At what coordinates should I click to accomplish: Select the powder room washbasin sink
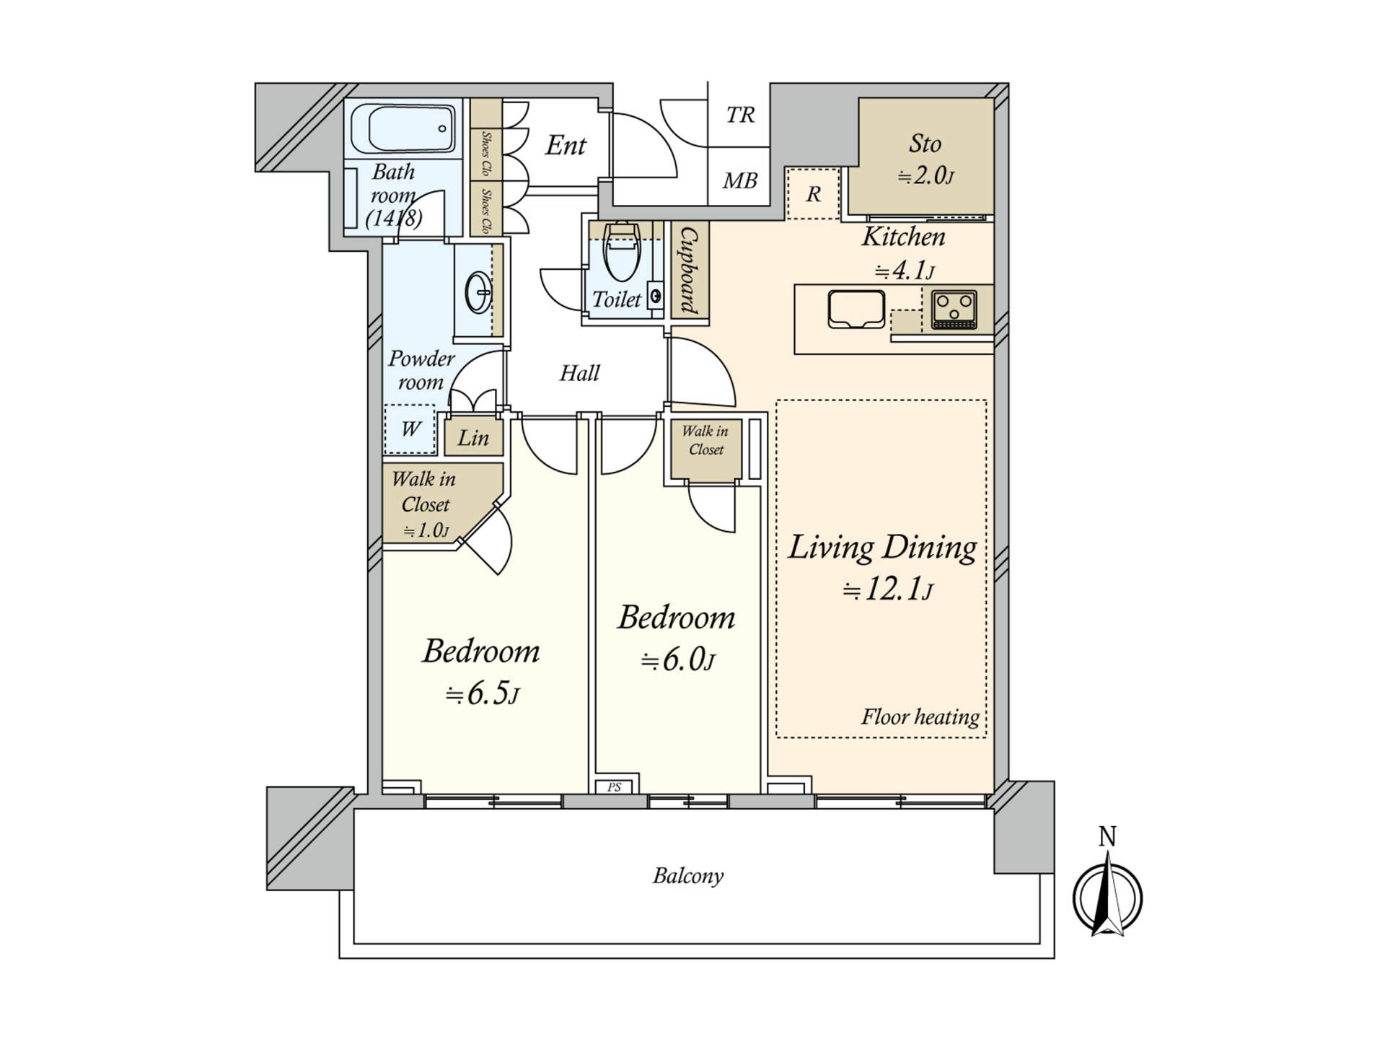478,293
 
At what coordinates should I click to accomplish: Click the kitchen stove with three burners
954,310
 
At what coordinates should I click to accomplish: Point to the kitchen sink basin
856,309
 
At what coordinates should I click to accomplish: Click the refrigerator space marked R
813,193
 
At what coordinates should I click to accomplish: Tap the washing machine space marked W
410,429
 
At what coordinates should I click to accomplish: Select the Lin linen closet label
473,437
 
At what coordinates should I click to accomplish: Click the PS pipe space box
614,786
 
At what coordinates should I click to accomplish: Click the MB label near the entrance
740,180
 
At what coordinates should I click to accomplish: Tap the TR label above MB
740,115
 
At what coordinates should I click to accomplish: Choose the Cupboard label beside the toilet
690,271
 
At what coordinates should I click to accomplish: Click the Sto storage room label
925,144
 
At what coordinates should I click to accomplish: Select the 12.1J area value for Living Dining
888,589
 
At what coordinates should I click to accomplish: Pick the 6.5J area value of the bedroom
482,694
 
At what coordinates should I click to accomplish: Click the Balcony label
688,876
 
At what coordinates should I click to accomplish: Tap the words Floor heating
920,716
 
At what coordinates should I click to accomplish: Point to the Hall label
579,373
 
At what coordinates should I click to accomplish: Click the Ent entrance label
566,145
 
